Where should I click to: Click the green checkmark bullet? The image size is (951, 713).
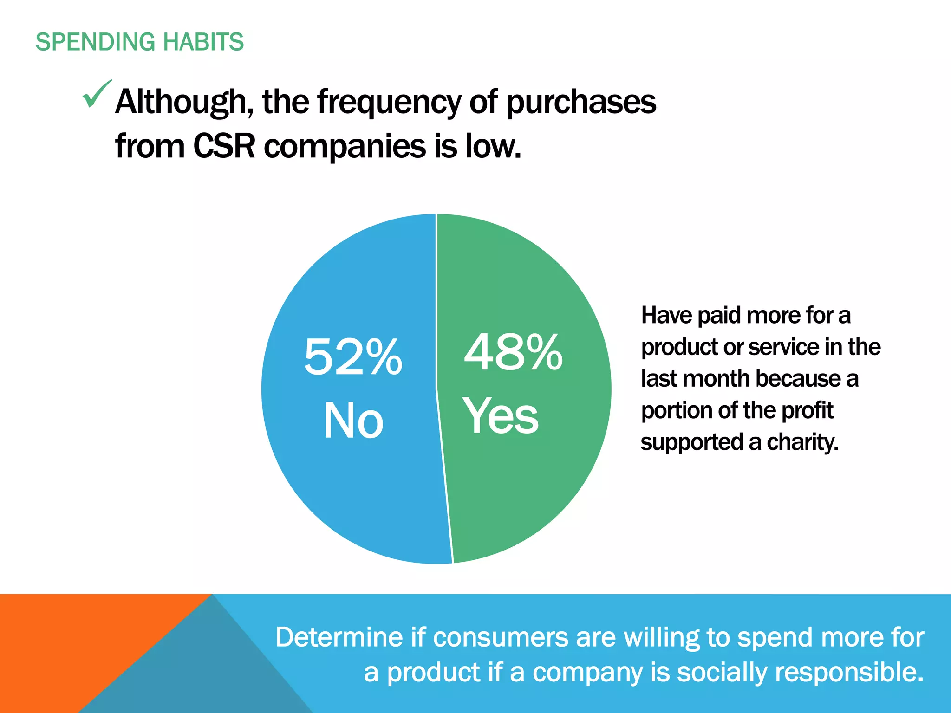97,94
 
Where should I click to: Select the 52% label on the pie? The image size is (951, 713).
353,356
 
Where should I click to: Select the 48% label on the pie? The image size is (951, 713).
513,353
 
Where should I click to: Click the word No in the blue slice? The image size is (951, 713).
353,420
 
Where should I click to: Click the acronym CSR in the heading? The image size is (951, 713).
224,146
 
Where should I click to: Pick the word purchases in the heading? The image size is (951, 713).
581,102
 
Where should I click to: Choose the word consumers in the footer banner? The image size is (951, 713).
501,637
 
